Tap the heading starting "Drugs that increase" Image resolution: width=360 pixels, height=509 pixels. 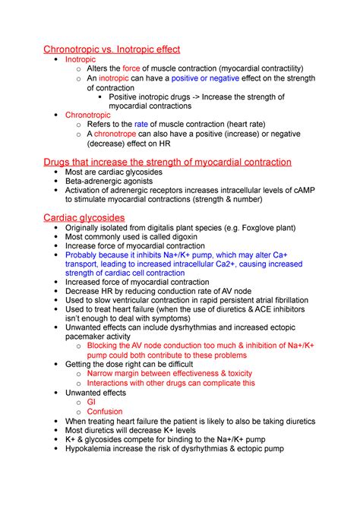[x=167, y=162]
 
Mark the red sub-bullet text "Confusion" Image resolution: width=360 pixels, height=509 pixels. [x=105, y=411]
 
